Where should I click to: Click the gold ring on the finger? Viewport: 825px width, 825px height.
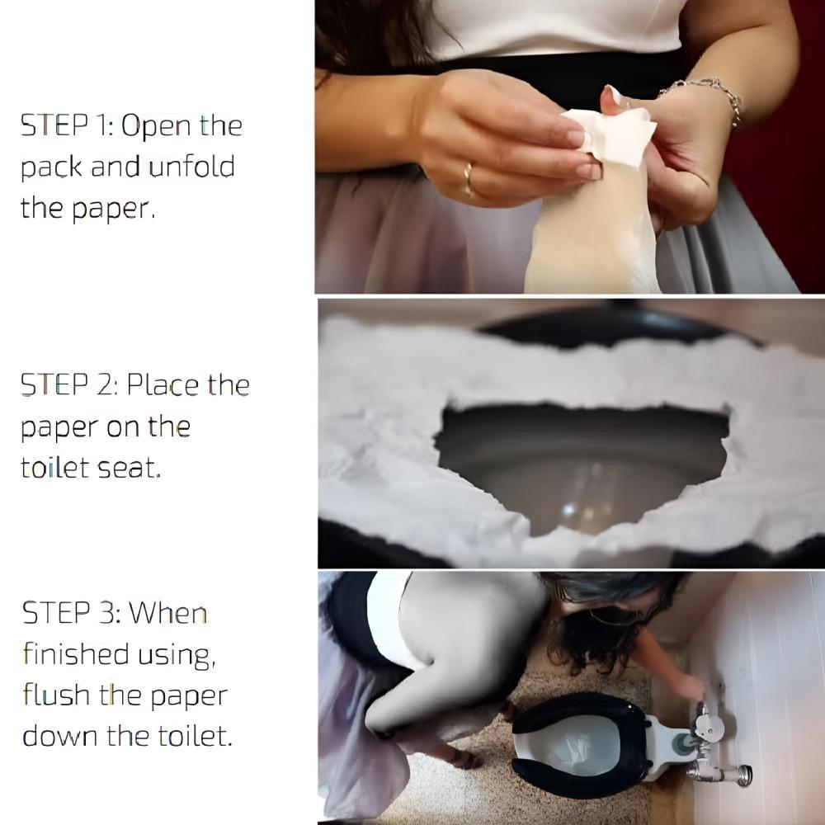point(468,179)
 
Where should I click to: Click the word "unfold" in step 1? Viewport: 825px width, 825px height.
point(191,167)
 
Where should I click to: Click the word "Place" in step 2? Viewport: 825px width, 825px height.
point(163,384)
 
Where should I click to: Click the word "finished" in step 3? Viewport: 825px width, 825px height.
point(76,654)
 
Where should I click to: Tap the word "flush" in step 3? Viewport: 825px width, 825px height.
point(56,695)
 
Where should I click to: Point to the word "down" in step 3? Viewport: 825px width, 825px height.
point(59,736)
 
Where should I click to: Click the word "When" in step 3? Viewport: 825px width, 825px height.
point(167,613)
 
